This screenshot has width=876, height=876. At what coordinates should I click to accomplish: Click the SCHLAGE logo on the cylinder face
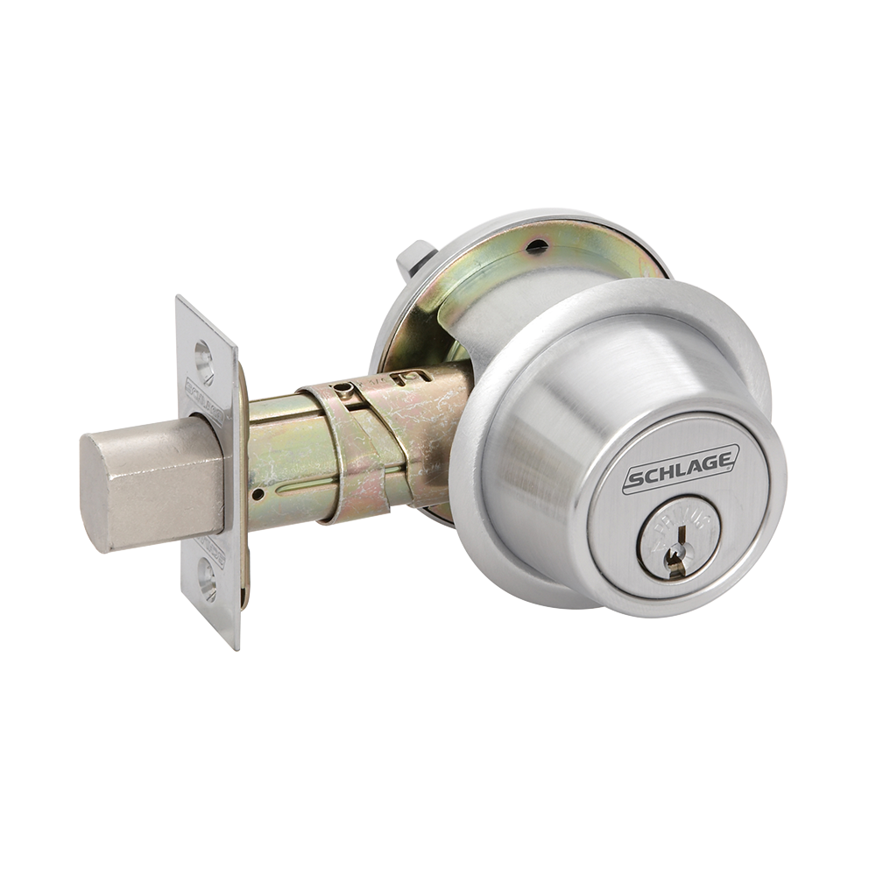(x=681, y=470)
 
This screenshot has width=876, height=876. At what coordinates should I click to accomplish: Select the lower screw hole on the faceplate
(x=208, y=577)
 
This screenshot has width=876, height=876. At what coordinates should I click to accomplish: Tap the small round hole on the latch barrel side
(x=257, y=494)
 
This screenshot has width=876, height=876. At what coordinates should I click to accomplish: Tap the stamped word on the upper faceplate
(x=205, y=401)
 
